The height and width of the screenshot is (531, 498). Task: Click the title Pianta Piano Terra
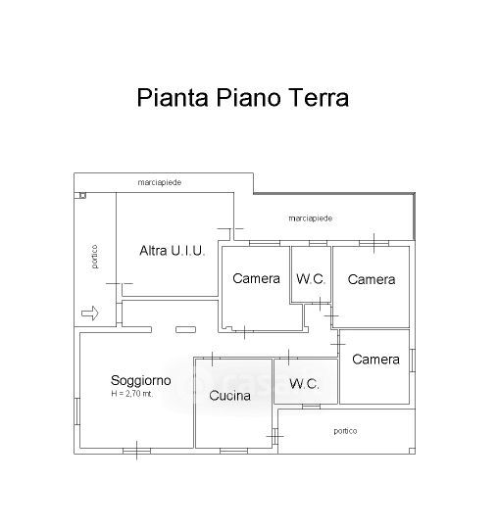pos(242,98)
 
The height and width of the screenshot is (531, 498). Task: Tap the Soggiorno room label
pos(140,381)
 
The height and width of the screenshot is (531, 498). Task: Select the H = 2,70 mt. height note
pos(132,394)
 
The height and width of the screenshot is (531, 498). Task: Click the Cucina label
pos(229,396)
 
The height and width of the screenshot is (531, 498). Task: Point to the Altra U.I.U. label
pos(173,251)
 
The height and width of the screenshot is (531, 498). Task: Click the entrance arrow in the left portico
pos(90,313)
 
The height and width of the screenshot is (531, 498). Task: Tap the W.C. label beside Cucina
pos(304,384)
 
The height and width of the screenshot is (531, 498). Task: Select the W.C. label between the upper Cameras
pos(311,279)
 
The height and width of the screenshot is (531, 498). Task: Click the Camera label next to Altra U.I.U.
pos(256,278)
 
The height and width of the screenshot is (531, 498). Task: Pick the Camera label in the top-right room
pos(372,280)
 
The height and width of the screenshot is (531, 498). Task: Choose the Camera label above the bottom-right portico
pos(375,360)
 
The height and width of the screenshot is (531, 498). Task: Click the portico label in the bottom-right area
pos(345,431)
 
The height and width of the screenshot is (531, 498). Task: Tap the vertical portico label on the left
pos(94,257)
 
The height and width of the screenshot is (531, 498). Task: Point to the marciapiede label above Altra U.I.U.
pos(159,182)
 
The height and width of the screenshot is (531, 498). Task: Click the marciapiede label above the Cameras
pos(311,218)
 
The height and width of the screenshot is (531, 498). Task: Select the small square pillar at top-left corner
pos(82,195)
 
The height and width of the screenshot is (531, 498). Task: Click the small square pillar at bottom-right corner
pos(412,451)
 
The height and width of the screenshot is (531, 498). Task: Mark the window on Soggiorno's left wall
pos(76,411)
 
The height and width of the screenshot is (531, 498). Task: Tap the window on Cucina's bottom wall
pos(233,451)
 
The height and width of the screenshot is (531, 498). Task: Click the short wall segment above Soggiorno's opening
pos(185,329)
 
